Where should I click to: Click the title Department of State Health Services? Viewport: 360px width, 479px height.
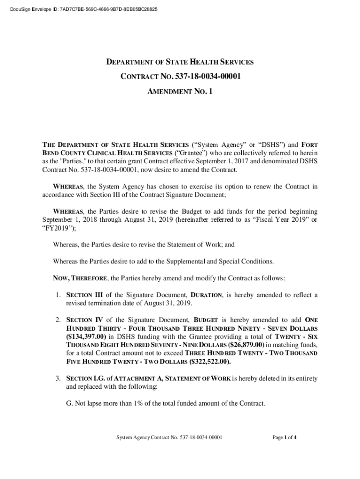pyautogui.click(x=180, y=62)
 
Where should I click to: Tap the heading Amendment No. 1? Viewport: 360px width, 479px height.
pyautogui.click(x=180, y=92)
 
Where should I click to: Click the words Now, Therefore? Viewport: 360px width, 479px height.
pyautogui.click(x=80, y=278)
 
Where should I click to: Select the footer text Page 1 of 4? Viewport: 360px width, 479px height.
pyautogui.click(x=285, y=438)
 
